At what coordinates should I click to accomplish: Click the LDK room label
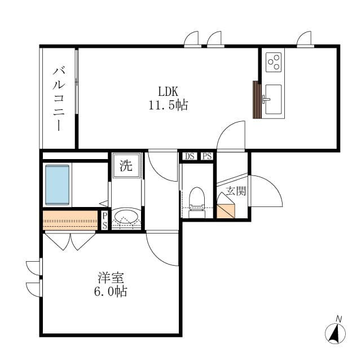pyautogui.click(x=168, y=91)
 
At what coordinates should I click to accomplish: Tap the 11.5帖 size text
pyautogui.click(x=168, y=105)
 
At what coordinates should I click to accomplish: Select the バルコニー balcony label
pyautogui.click(x=59, y=98)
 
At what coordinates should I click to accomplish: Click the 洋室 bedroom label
pyautogui.click(x=111, y=278)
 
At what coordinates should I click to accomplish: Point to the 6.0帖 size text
pyautogui.click(x=111, y=291)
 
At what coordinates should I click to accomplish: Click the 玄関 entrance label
pyautogui.click(x=236, y=191)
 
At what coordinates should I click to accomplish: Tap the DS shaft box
pyautogui.click(x=190, y=156)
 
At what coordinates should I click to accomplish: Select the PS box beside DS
pyautogui.click(x=207, y=156)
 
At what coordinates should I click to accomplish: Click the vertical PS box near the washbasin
pyautogui.click(x=104, y=221)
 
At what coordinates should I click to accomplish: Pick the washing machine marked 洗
pyautogui.click(x=126, y=165)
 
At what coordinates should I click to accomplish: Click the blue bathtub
pyautogui.click(x=58, y=185)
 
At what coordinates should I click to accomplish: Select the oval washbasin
pyautogui.click(x=126, y=217)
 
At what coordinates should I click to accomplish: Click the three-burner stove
pyautogui.click(x=274, y=62)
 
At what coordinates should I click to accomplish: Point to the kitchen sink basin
pyautogui.click(x=273, y=99)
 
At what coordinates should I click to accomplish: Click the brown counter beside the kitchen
pyautogui.click(x=257, y=100)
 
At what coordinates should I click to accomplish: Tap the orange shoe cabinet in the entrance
pyautogui.click(x=226, y=210)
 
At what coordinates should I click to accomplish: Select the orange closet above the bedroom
pyautogui.click(x=70, y=221)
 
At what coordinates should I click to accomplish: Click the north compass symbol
pyautogui.click(x=335, y=333)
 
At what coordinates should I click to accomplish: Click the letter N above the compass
pyautogui.click(x=338, y=319)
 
